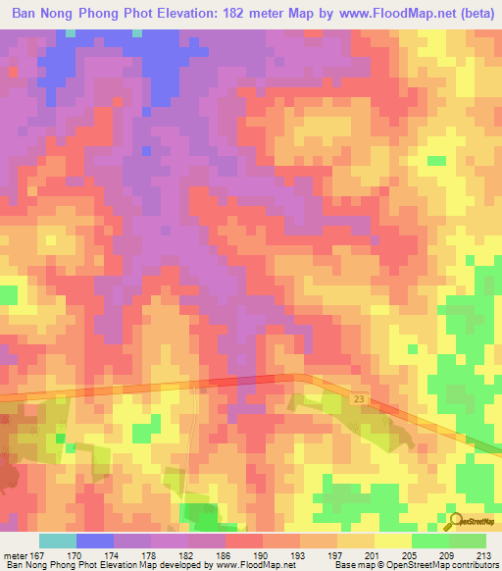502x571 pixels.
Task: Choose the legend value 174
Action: (x=113, y=556)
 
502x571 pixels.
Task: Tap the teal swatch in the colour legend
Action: (x=58, y=541)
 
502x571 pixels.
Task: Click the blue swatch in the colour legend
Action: (x=95, y=541)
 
